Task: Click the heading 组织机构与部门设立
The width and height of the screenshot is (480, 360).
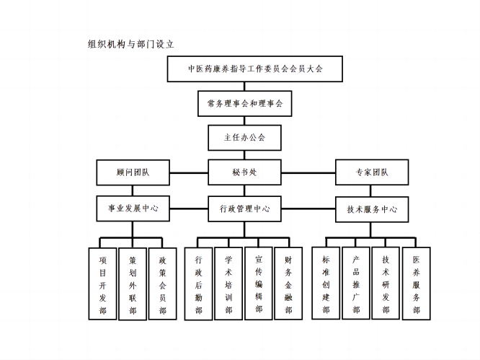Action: coord(131,43)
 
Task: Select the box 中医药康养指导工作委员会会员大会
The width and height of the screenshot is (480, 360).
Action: coord(255,69)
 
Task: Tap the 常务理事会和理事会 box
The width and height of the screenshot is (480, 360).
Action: coord(245,104)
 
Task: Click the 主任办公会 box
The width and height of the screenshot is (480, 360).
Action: coord(245,137)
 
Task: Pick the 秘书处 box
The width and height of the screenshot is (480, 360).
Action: coord(244,172)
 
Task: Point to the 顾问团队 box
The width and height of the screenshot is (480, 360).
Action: coord(133,172)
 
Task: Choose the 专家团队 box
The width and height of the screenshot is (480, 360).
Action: coord(372,172)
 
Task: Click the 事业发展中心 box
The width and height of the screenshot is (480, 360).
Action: coord(133,208)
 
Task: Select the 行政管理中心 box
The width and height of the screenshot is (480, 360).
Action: coord(245,209)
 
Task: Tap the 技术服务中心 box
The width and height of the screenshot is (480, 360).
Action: coord(372,209)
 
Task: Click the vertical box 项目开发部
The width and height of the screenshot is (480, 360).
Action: coord(102,284)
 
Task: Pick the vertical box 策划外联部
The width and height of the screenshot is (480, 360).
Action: coord(133,284)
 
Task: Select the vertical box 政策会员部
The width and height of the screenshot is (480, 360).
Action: coord(163,284)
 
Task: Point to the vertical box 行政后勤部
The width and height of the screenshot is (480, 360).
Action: coord(199,284)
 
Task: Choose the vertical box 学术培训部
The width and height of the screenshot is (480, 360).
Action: coord(228,284)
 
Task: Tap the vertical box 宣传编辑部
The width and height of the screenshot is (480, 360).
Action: coord(259,284)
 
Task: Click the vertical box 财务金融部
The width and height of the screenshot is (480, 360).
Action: coord(289,284)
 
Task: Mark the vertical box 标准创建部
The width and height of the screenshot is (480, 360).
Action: coord(326,284)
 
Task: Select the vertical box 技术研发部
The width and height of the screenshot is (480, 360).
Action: coord(386,284)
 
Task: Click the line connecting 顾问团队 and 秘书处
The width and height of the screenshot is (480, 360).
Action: coord(189,173)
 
